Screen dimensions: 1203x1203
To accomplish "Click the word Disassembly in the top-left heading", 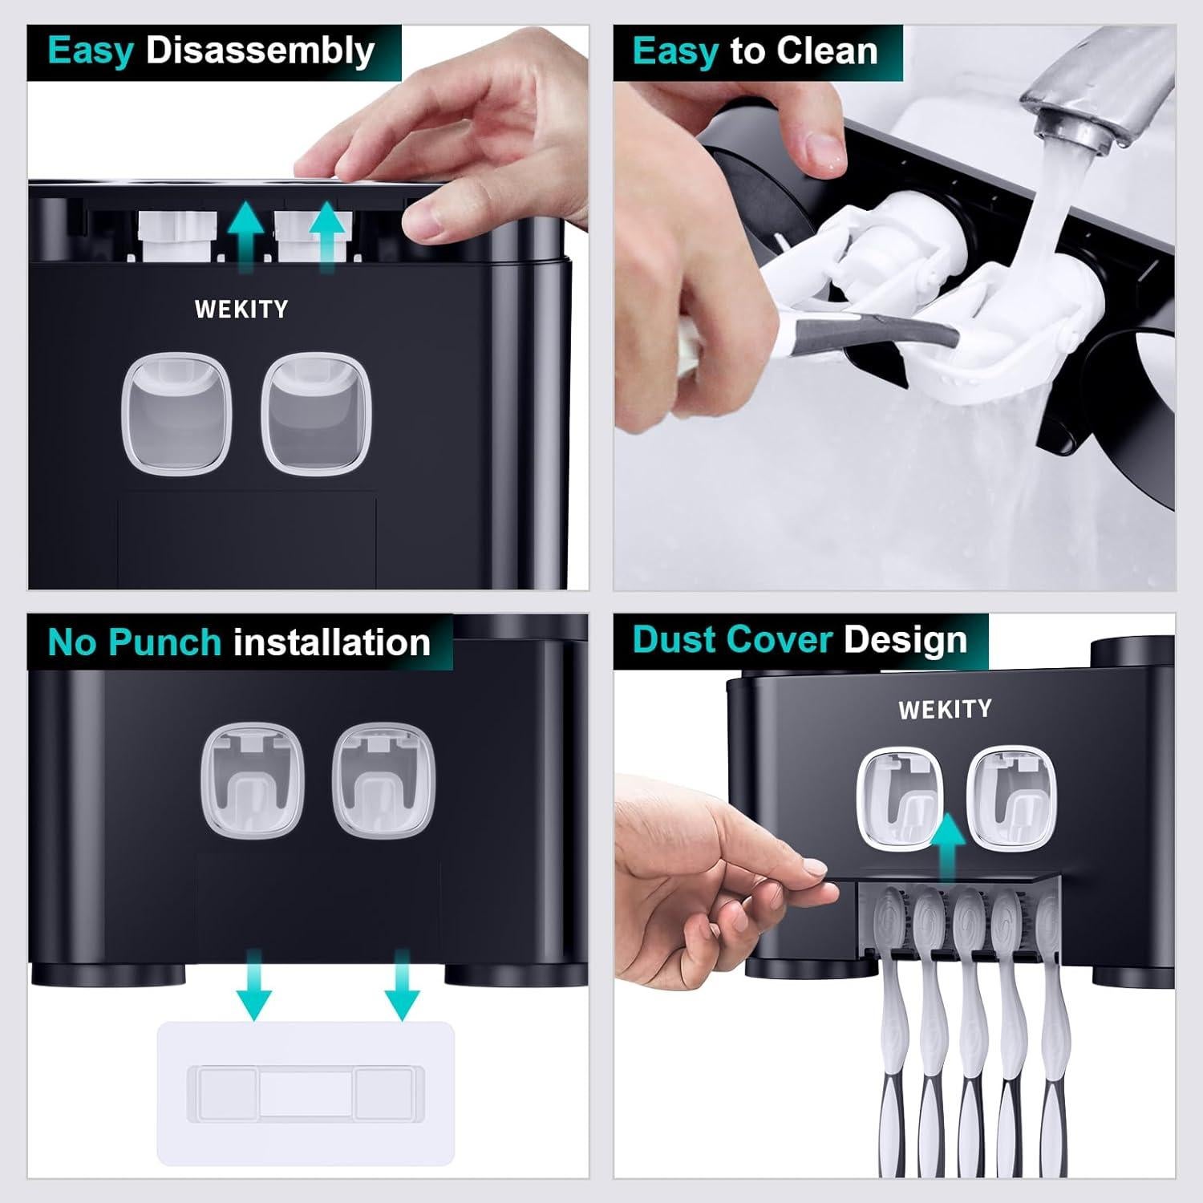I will click(x=260, y=51).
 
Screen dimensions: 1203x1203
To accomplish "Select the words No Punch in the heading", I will click(x=134, y=642).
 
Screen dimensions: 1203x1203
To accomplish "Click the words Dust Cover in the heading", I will click(x=732, y=640).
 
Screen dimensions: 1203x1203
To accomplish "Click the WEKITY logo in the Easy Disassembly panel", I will click(x=241, y=310).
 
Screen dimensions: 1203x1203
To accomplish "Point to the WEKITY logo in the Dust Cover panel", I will click(x=945, y=709).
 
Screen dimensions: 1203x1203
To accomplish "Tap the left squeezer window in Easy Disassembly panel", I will click(x=176, y=414).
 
